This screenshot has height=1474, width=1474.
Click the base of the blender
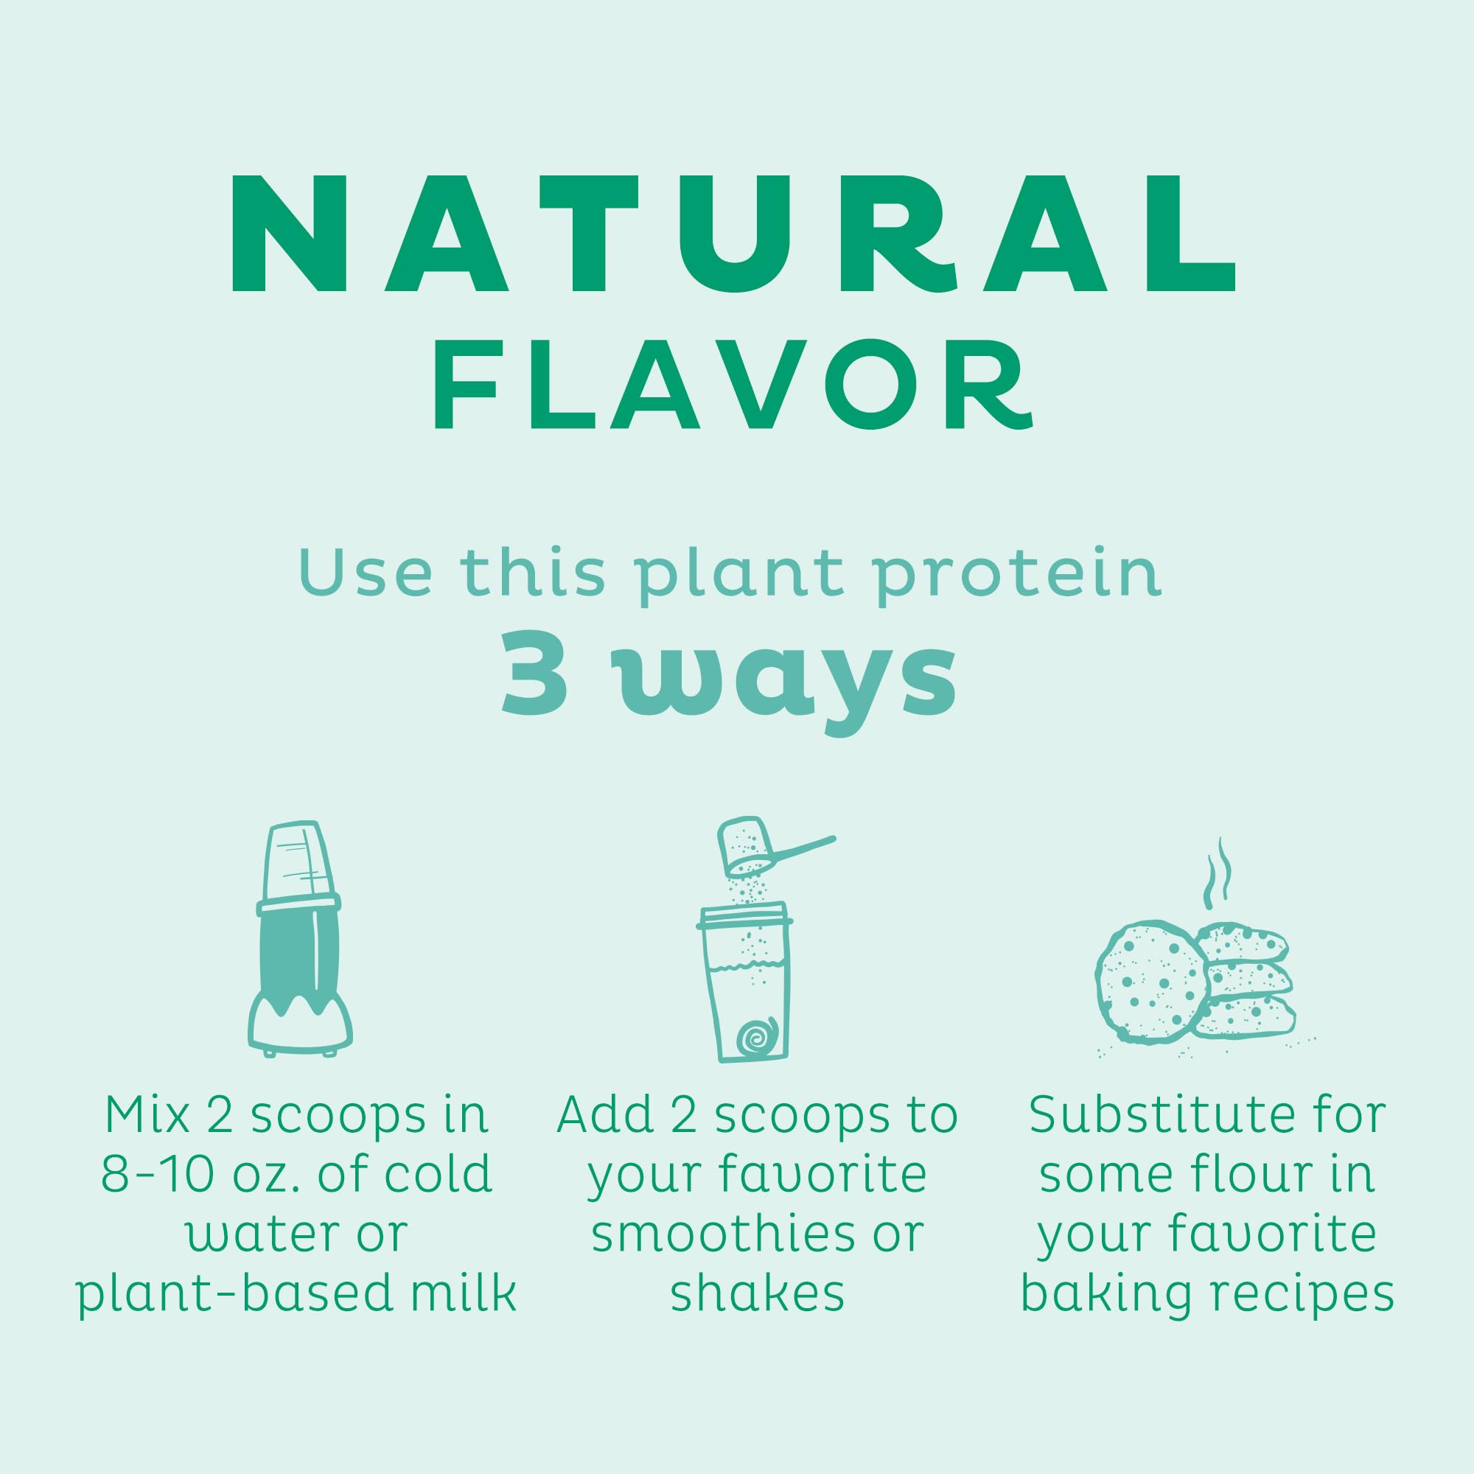point(299,1022)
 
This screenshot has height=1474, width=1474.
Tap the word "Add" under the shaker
point(604,1115)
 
